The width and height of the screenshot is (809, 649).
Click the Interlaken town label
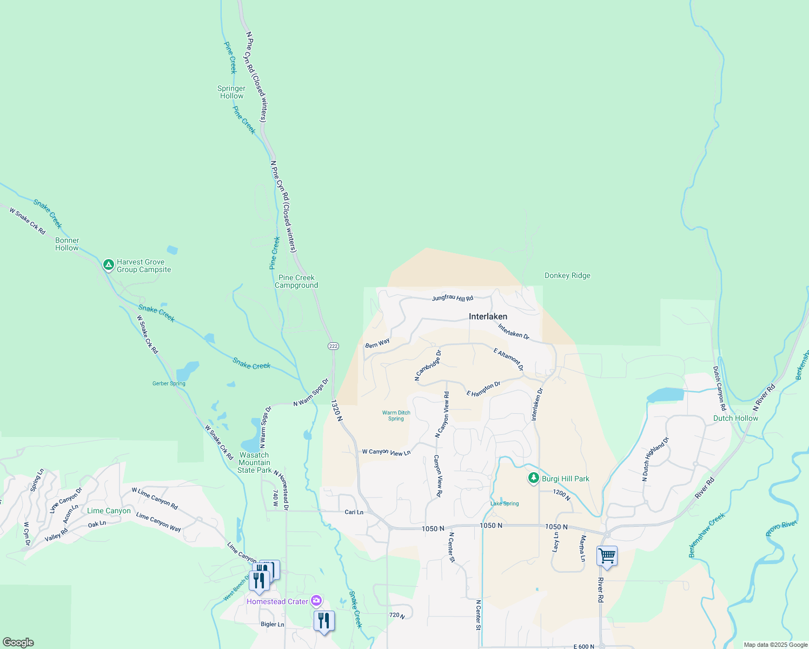488,316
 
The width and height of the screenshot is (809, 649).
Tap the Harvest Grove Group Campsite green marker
108,265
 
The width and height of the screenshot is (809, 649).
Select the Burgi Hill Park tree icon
534,478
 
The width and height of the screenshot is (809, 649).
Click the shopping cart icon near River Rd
607,555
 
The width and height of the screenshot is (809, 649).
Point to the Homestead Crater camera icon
316,601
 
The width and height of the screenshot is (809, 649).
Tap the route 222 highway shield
333,346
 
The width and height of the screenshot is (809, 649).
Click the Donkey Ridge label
567,275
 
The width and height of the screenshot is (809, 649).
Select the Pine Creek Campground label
296,281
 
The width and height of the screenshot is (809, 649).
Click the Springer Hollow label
231,92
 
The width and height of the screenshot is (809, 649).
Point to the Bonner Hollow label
67,244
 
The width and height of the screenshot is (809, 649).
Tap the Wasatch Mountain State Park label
254,462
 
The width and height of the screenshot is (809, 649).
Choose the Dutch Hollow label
735,418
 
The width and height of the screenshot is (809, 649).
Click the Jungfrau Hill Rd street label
453,298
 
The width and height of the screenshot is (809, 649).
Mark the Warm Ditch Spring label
396,415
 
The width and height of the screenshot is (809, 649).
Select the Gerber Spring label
169,383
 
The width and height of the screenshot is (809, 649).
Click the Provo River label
781,528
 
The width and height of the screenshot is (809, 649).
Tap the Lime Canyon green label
109,511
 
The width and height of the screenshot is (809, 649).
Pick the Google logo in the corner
18,643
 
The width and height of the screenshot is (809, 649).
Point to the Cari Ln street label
354,512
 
